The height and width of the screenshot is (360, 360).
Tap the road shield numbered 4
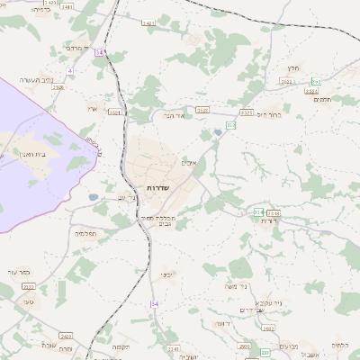[x=69, y=70]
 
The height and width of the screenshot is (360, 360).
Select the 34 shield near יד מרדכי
[x=99, y=53]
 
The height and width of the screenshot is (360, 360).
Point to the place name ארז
[x=91, y=108]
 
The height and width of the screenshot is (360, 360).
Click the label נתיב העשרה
[x=37, y=80]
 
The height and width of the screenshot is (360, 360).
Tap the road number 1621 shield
[x=114, y=112]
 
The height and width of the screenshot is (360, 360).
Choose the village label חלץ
[x=292, y=68]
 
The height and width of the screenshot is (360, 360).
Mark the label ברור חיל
[x=269, y=115]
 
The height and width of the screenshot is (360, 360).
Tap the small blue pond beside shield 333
[x=218, y=134]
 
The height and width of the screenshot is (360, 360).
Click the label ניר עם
[x=127, y=197]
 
